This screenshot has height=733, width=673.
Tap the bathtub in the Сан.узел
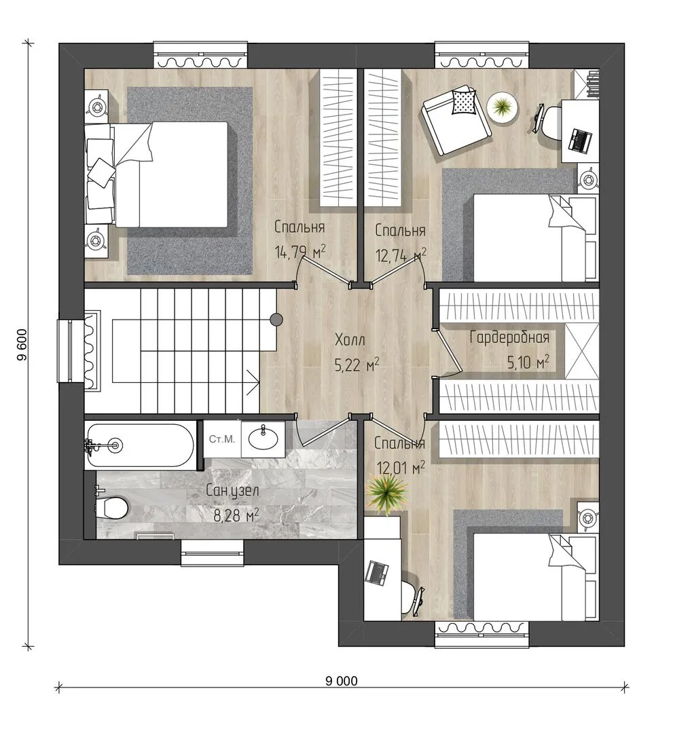click(x=140, y=445)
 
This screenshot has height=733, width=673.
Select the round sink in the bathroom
click(x=263, y=438)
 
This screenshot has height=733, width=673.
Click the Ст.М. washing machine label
click(x=221, y=439)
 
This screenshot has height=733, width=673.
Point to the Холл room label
click(x=350, y=340)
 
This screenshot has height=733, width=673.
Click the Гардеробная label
click(x=509, y=337)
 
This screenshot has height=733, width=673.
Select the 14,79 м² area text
click(x=299, y=253)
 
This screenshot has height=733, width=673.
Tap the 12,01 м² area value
click(x=401, y=468)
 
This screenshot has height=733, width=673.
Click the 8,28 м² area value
click(x=236, y=516)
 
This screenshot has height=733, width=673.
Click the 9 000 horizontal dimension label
click(x=342, y=681)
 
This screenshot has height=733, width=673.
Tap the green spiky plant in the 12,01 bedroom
click(x=387, y=493)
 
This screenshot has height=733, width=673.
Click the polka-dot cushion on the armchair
click(x=463, y=102)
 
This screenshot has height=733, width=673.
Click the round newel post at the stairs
click(x=276, y=319)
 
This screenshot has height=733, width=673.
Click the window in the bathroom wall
click(x=213, y=553)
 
